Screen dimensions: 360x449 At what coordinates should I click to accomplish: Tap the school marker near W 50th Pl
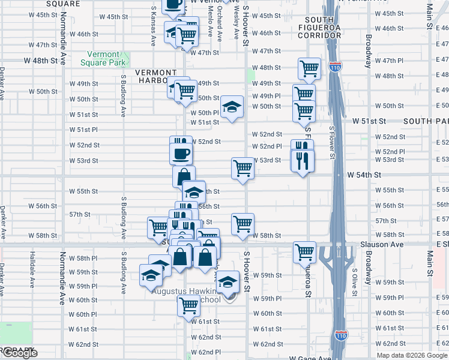[x=232, y=107]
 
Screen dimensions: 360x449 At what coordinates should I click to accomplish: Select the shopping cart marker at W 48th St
[x=309, y=68]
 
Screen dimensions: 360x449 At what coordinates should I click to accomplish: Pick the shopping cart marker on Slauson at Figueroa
[x=304, y=252]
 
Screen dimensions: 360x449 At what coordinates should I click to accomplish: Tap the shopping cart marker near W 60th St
[x=188, y=305]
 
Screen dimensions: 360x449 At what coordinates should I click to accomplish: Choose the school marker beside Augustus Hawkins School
[x=228, y=281]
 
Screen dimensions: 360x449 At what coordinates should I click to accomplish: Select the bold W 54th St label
[x=364, y=174]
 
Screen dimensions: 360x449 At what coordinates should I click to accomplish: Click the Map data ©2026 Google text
[x=412, y=355]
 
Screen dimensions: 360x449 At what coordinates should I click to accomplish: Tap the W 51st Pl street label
[x=83, y=130]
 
